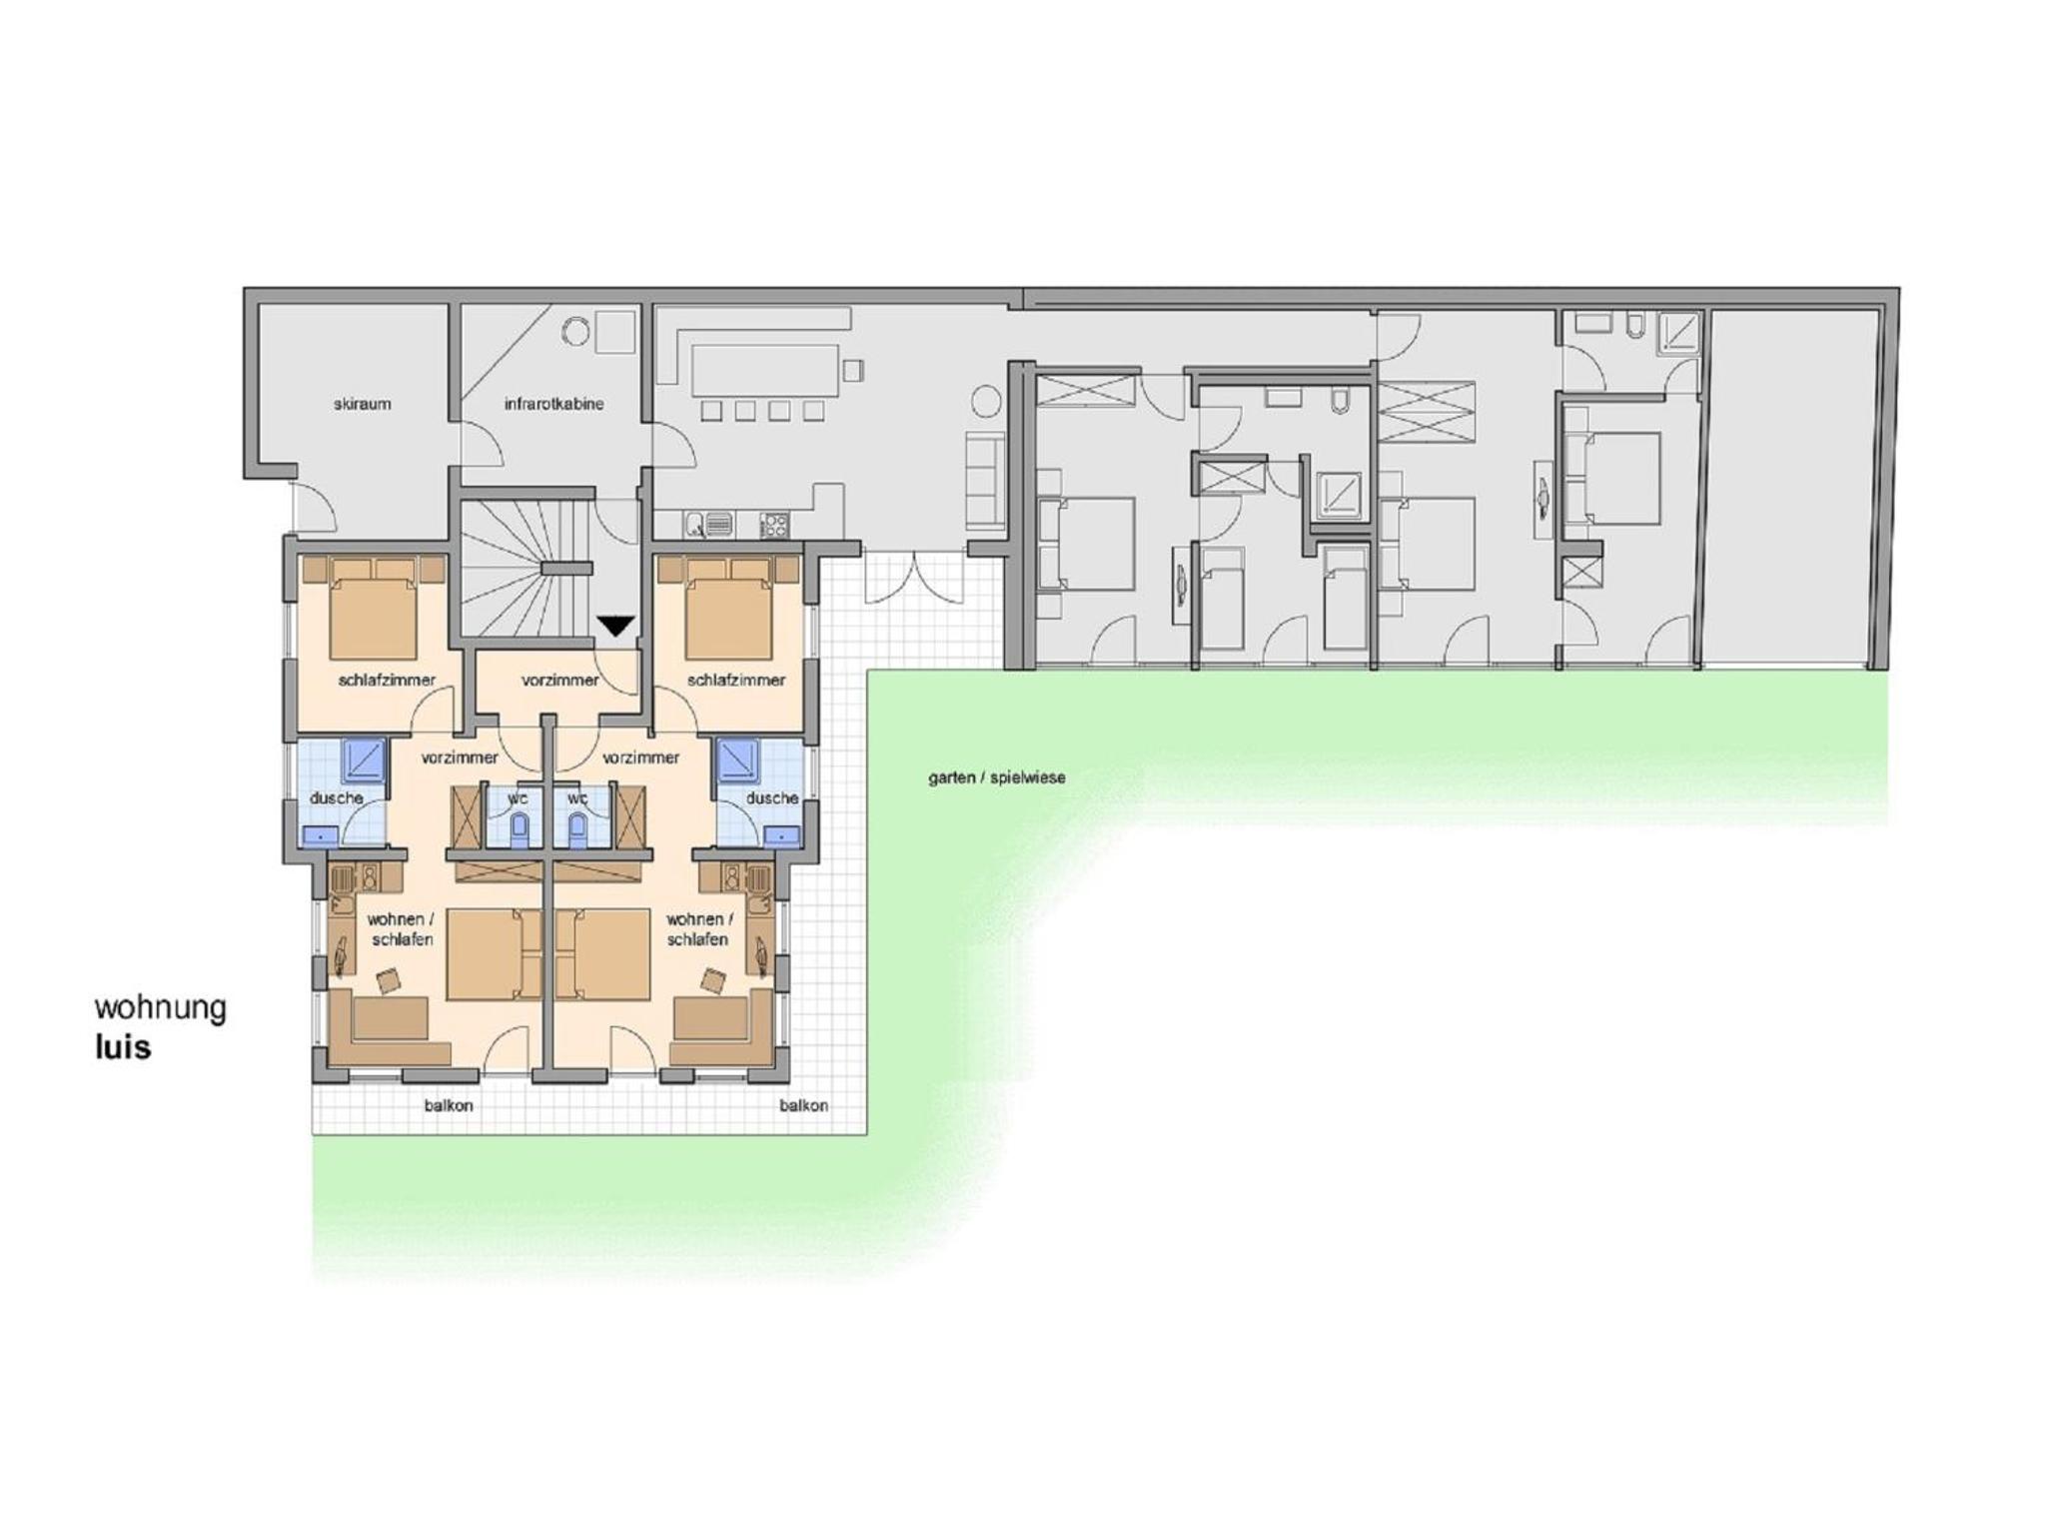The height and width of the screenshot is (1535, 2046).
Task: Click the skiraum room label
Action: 362,405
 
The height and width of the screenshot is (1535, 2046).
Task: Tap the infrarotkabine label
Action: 553,405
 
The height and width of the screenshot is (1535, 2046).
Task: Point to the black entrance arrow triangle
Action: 616,627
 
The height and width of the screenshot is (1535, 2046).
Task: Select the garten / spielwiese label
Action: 996,777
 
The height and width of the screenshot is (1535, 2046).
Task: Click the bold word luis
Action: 123,1047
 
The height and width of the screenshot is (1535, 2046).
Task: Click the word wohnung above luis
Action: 160,1007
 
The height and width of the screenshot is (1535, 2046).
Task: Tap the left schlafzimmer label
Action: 387,681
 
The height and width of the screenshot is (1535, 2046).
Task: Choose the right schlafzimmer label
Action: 736,681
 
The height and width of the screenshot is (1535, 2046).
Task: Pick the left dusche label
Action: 336,798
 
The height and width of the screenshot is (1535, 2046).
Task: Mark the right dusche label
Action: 772,798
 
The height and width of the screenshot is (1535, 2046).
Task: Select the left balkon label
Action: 449,1106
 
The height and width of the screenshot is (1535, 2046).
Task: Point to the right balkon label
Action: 803,1106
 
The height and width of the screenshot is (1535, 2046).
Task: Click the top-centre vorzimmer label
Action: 560,681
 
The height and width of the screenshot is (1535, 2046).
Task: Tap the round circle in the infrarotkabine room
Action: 575,331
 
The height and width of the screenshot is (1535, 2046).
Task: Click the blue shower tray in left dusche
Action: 366,763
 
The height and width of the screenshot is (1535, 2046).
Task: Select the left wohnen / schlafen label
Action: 401,929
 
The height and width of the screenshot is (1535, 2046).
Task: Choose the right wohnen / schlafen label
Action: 698,929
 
